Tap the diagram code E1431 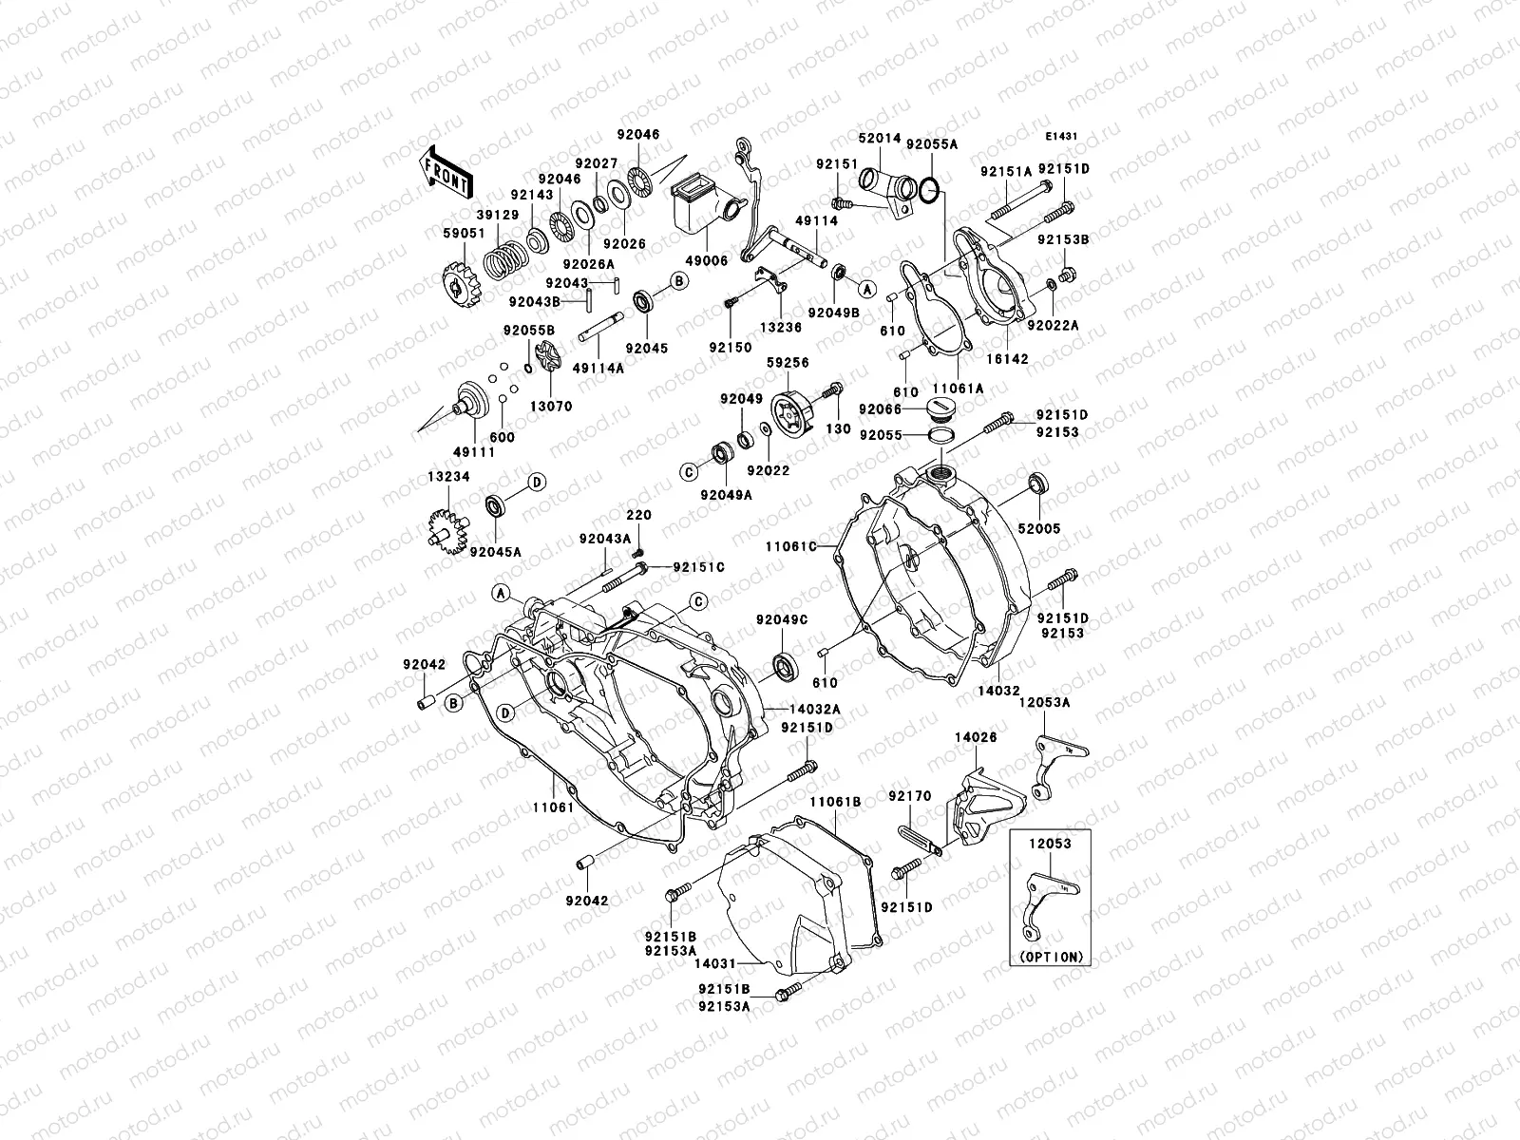point(1063,137)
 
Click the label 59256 point(788,362)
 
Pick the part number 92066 point(879,408)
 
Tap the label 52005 point(1038,528)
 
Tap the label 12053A point(1045,703)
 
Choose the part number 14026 point(975,736)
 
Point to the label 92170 point(909,796)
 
